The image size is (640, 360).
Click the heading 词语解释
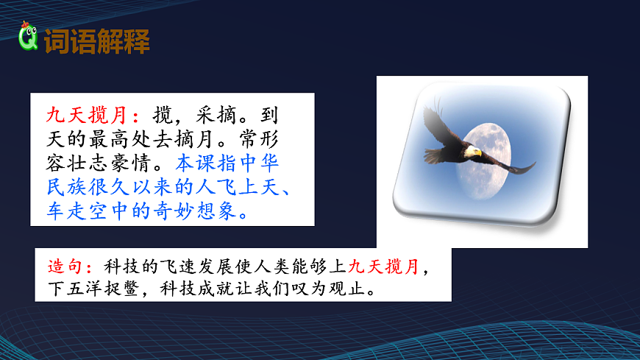[x=97, y=41]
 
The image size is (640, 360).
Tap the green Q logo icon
[x=29, y=38]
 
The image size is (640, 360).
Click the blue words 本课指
[x=210, y=162]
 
